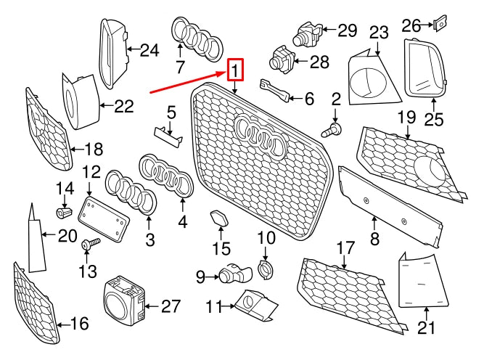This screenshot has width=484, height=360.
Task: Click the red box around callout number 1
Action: click(x=236, y=70)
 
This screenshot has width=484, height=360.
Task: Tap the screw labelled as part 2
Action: click(x=331, y=131)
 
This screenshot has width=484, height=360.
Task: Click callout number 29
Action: click(x=348, y=30)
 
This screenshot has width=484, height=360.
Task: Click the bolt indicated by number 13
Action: click(x=91, y=244)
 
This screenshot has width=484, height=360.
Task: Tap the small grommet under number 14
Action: click(x=65, y=212)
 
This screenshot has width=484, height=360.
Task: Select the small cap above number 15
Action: click(x=219, y=217)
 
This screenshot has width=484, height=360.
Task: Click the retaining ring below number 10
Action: click(x=265, y=269)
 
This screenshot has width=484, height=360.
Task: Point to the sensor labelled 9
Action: click(x=235, y=274)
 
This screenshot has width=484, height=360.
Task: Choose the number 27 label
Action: click(x=171, y=306)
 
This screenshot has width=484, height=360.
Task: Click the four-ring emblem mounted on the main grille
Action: click(x=259, y=136)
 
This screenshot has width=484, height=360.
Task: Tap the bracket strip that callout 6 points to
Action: click(x=275, y=91)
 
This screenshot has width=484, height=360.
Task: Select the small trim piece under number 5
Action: click(x=168, y=136)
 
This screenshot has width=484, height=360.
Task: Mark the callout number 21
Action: click(x=426, y=327)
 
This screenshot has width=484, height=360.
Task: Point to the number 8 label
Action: click(x=374, y=239)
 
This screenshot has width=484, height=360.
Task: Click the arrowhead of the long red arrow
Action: click(x=225, y=73)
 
